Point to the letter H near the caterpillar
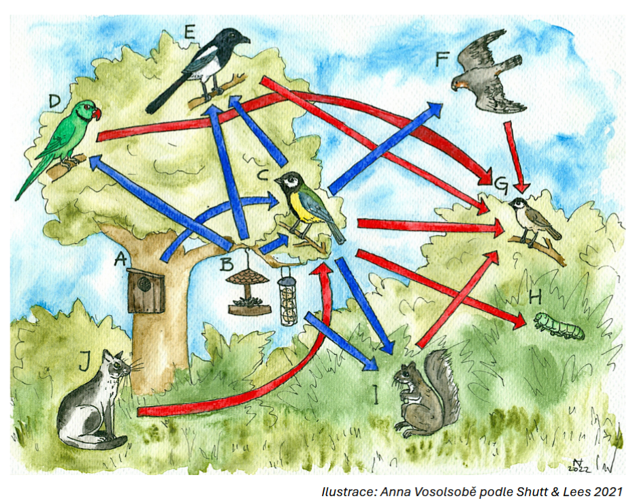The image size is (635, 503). coord(535,299)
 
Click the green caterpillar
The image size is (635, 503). coord(559,325)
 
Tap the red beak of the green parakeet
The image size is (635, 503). coord(97,113)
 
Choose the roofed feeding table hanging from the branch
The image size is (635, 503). coord(249,291)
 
